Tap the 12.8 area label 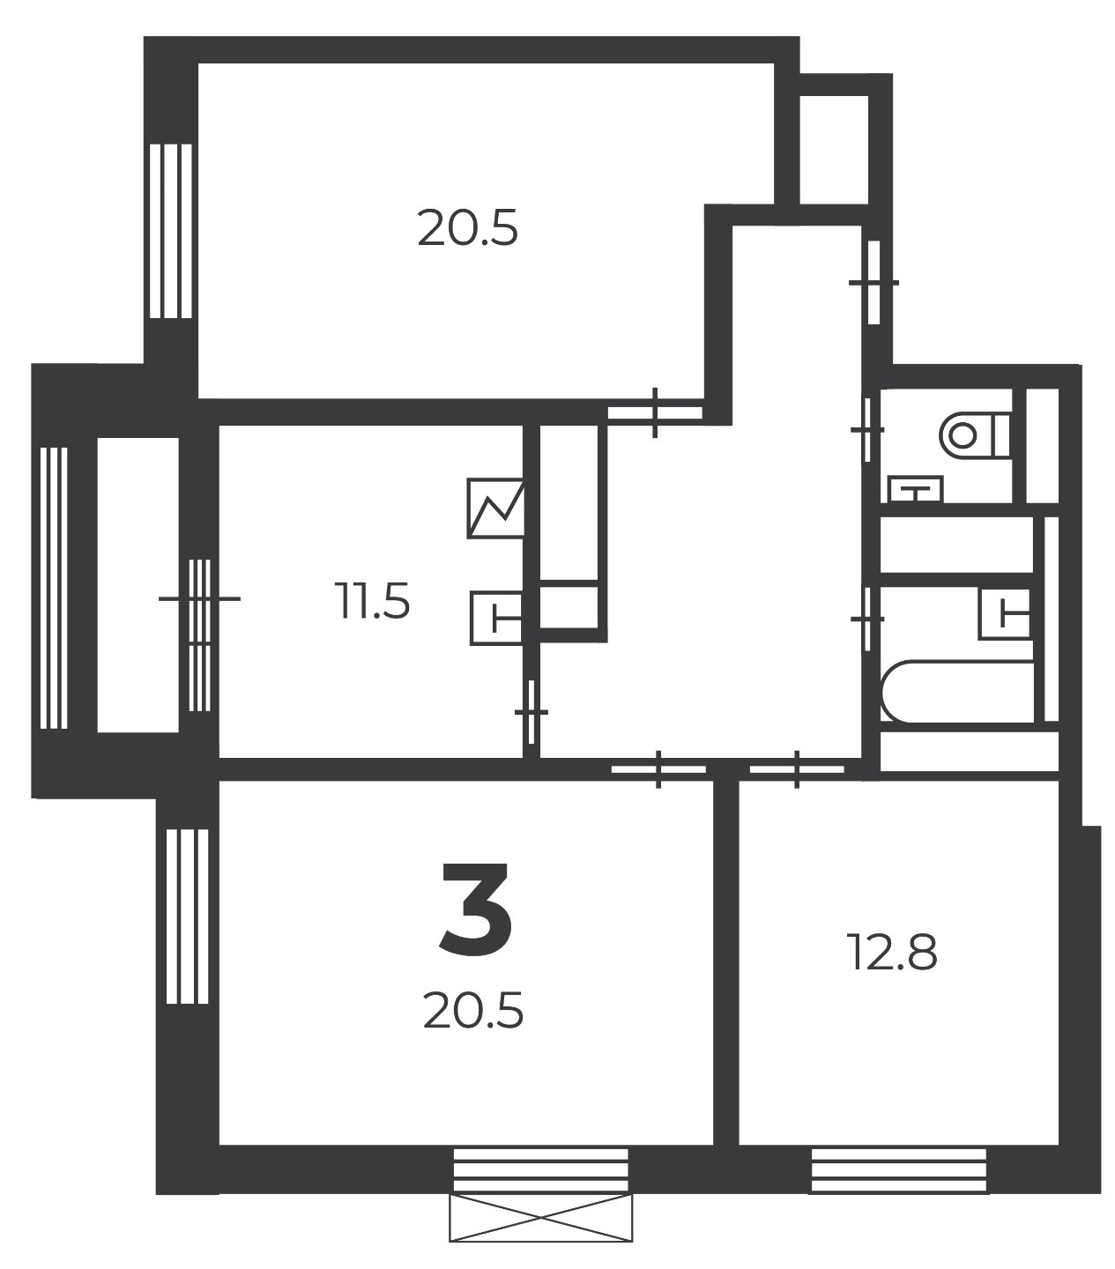pyautogui.click(x=892, y=952)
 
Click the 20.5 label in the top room pyautogui.click(x=467, y=229)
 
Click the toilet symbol pyautogui.click(x=976, y=434)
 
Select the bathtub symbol pyautogui.click(x=956, y=691)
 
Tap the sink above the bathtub pyautogui.click(x=1005, y=613)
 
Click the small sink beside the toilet pyautogui.click(x=916, y=489)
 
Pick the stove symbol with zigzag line pyautogui.click(x=495, y=508)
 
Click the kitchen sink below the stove pyautogui.click(x=497, y=619)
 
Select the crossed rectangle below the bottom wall pyautogui.click(x=541, y=1218)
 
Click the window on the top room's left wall pyautogui.click(x=171, y=231)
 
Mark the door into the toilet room pyautogui.click(x=867, y=430)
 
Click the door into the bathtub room pyautogui.click(x=867, y=619)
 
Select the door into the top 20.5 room pyautogui.click(x=655, y=412)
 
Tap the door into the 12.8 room pyautogui.click(x=797, y=769)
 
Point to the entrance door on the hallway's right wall pyautogui.click(x=874, y=283)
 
